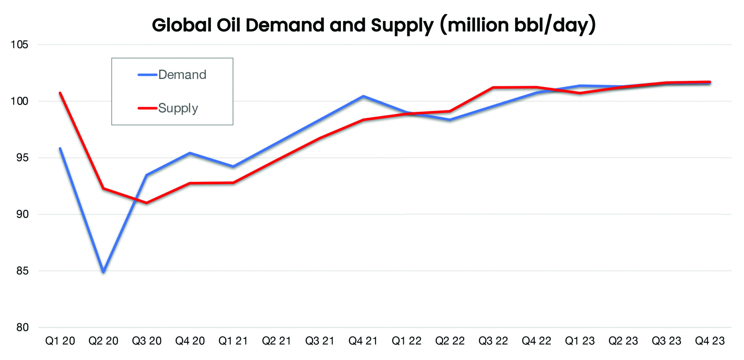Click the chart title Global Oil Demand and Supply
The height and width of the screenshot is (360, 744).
(374, 25)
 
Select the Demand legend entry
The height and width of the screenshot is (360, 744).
(182, 75)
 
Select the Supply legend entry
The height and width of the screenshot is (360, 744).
(178, 108)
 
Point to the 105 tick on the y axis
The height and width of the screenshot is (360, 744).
(19, 45)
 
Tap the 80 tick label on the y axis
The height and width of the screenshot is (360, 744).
(22, 327)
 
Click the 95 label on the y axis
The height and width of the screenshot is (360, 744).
(22, 158)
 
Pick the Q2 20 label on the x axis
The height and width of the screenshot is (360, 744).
(103, 341)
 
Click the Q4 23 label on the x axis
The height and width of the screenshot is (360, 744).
(710, 341)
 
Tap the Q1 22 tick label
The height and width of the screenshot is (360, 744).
(406, 341)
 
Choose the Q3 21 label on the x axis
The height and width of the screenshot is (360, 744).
(320, 341)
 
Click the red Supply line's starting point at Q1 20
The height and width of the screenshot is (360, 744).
(60, 93)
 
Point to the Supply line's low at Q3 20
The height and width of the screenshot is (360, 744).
(146, 203)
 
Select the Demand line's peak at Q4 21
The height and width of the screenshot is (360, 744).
(363, 96)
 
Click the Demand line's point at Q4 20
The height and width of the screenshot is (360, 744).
(190, 153)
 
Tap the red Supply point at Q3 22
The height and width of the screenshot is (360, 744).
(493, 87)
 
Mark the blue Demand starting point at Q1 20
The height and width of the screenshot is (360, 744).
(60, 149)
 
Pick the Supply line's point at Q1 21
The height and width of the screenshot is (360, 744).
(233, 183)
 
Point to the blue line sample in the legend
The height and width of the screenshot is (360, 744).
(147, 75)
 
